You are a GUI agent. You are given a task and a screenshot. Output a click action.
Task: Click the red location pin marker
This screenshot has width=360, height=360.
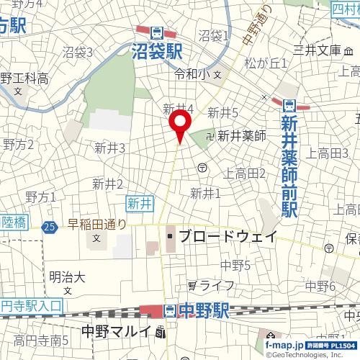point(180,127)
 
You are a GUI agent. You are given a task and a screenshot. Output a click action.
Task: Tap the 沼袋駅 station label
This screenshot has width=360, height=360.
point(158,50)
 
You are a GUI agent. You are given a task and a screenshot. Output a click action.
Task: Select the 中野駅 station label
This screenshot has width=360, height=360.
point(204,310)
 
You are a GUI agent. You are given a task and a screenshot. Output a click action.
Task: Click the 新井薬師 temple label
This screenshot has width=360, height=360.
point(241,135)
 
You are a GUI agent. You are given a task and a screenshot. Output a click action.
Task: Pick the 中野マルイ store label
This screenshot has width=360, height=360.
point(116,332)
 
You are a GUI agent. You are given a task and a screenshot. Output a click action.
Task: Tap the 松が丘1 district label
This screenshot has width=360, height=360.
point(266,63)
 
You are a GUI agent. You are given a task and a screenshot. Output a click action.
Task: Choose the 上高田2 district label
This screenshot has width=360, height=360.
point(246,173)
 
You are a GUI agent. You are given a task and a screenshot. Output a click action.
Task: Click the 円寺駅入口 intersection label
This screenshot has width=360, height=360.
point(32,306)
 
